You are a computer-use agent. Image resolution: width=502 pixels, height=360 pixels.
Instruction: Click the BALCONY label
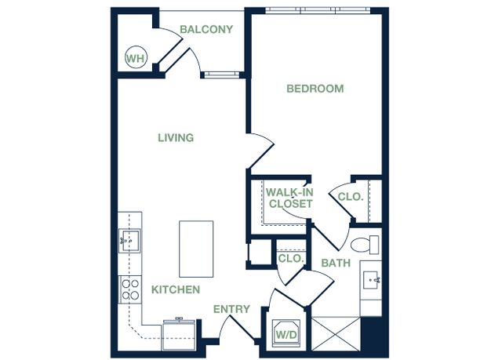[x=206, y=30]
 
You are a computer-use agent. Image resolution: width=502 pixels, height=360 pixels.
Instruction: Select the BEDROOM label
[x=315, y=89]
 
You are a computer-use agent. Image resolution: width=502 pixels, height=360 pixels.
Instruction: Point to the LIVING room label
[x=176, y=138]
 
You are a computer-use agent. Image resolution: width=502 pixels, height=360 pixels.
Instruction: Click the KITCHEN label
[x=176, y=289]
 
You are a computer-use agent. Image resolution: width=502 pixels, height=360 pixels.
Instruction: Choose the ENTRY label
[x=231, y=309]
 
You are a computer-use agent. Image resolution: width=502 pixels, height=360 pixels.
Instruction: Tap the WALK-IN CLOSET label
[x=290, y=198]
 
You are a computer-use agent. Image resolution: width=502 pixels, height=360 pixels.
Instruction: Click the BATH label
[x=336, y=263]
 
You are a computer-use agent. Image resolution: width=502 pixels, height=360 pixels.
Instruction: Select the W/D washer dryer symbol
[x=286, y=332]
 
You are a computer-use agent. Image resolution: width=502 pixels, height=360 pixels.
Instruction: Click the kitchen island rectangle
[x=196, y=249]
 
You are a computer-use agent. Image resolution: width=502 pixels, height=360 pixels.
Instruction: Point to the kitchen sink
[x=129, y=241]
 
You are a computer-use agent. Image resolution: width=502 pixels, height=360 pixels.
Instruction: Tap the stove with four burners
[x=130, y=289]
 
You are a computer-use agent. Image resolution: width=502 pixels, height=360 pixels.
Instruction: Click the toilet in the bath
[x=365, y=245]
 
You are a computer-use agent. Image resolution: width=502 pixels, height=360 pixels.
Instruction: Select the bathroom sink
[x=372, y=281]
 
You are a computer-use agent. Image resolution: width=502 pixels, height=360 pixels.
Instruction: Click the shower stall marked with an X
[x=336, y=334]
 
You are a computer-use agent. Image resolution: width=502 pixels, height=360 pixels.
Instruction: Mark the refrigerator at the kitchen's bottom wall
[x=179, y=334]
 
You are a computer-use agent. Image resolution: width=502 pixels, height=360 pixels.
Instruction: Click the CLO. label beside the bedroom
[x=351, y=197]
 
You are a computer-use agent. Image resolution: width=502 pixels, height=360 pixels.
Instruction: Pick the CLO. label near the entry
[x=291, y=258]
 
